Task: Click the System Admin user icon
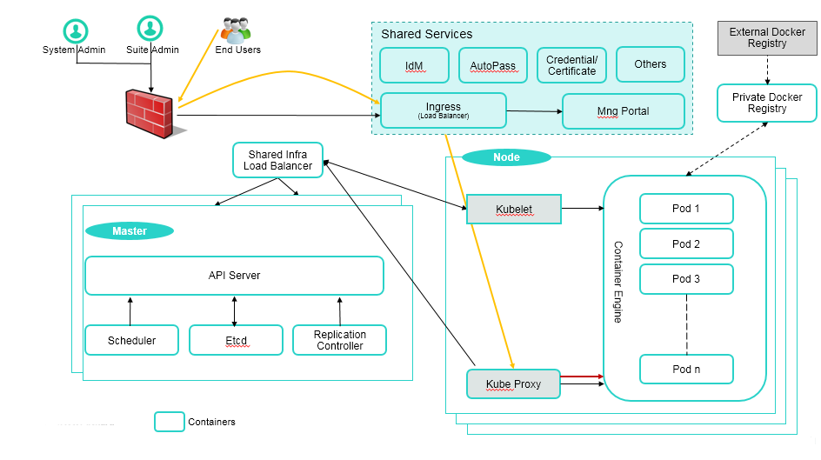coord(76,31)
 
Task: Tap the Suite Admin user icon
coord(150,28)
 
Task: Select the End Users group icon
coord(236,30)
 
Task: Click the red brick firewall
coord(150,114)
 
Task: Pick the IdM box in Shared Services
coord(414,65)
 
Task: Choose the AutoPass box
coord(493,65)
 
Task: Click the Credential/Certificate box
coord(571,65)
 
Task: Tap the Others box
coord(651,64)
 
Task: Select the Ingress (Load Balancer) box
coord(444,110)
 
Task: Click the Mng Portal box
coord(623,111)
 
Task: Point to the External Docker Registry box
coord(767,37)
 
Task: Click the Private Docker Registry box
coord(767,103)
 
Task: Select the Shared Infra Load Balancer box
coord(277,160)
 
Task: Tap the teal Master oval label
coord(130,230)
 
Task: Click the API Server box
coord(234,276)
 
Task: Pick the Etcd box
coord(237,340)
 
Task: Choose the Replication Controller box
coord(340,340)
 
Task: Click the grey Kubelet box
coord(514,210)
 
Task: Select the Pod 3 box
coord(686,279)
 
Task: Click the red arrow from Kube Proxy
coord(582,377)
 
